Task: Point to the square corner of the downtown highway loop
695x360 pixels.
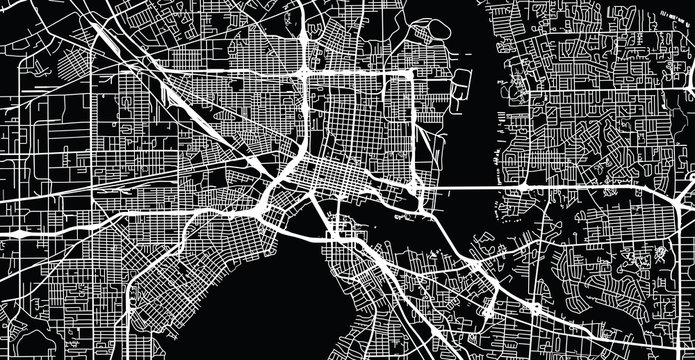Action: point(411,73)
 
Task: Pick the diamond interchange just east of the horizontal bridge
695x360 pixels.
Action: point(524,188)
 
